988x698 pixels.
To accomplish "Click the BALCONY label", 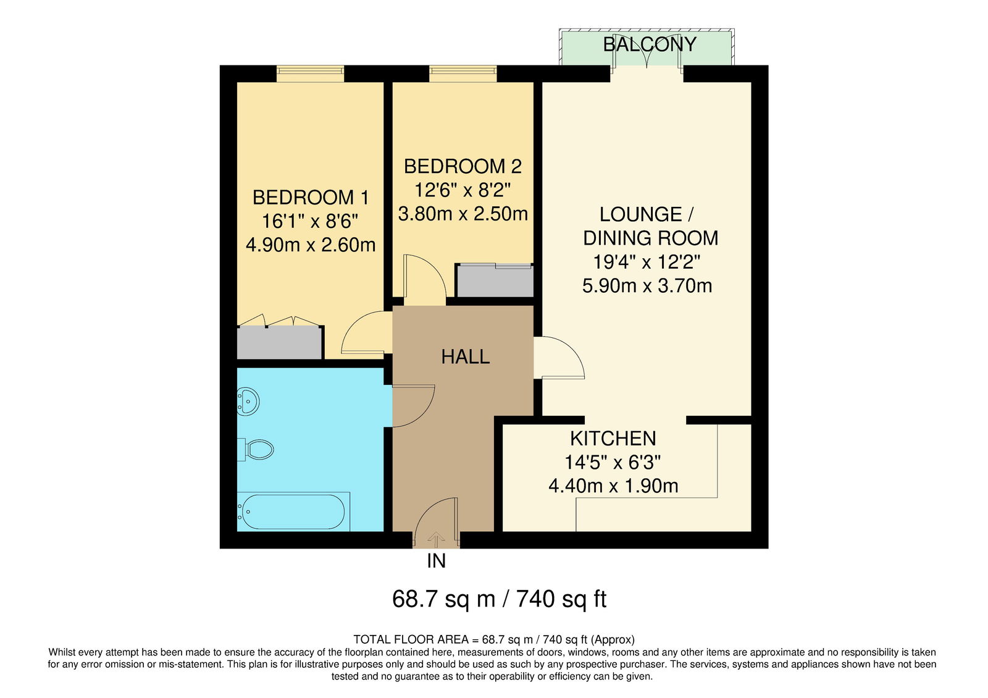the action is tap(649, 44).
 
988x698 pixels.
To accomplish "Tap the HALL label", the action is tap(466, 356).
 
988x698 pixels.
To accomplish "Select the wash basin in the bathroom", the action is tap(248, 402).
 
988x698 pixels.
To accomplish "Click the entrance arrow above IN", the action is tap(436, 539).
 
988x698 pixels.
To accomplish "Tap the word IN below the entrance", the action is tap(436, 561).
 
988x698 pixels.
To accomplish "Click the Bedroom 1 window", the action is tap(310, 74).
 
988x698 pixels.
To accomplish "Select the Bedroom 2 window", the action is tap(463, 74).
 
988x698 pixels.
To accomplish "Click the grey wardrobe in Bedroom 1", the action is tap(279, 343).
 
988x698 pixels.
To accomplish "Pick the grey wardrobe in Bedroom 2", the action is tap(495, 280).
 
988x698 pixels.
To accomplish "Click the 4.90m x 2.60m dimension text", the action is tap(311, 245).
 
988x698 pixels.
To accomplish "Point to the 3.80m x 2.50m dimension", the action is tap(463, 214).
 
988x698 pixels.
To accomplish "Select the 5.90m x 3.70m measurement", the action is tap(647, 286).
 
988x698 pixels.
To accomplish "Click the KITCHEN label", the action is tap(613, 439).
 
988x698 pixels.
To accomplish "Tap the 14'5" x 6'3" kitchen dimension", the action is tap(613, 463).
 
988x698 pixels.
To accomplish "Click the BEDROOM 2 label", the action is tap(463, 166).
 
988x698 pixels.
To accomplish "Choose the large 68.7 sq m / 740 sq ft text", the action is tap(500, 599).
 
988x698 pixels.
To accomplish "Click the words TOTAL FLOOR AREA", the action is tap(411, 639).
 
